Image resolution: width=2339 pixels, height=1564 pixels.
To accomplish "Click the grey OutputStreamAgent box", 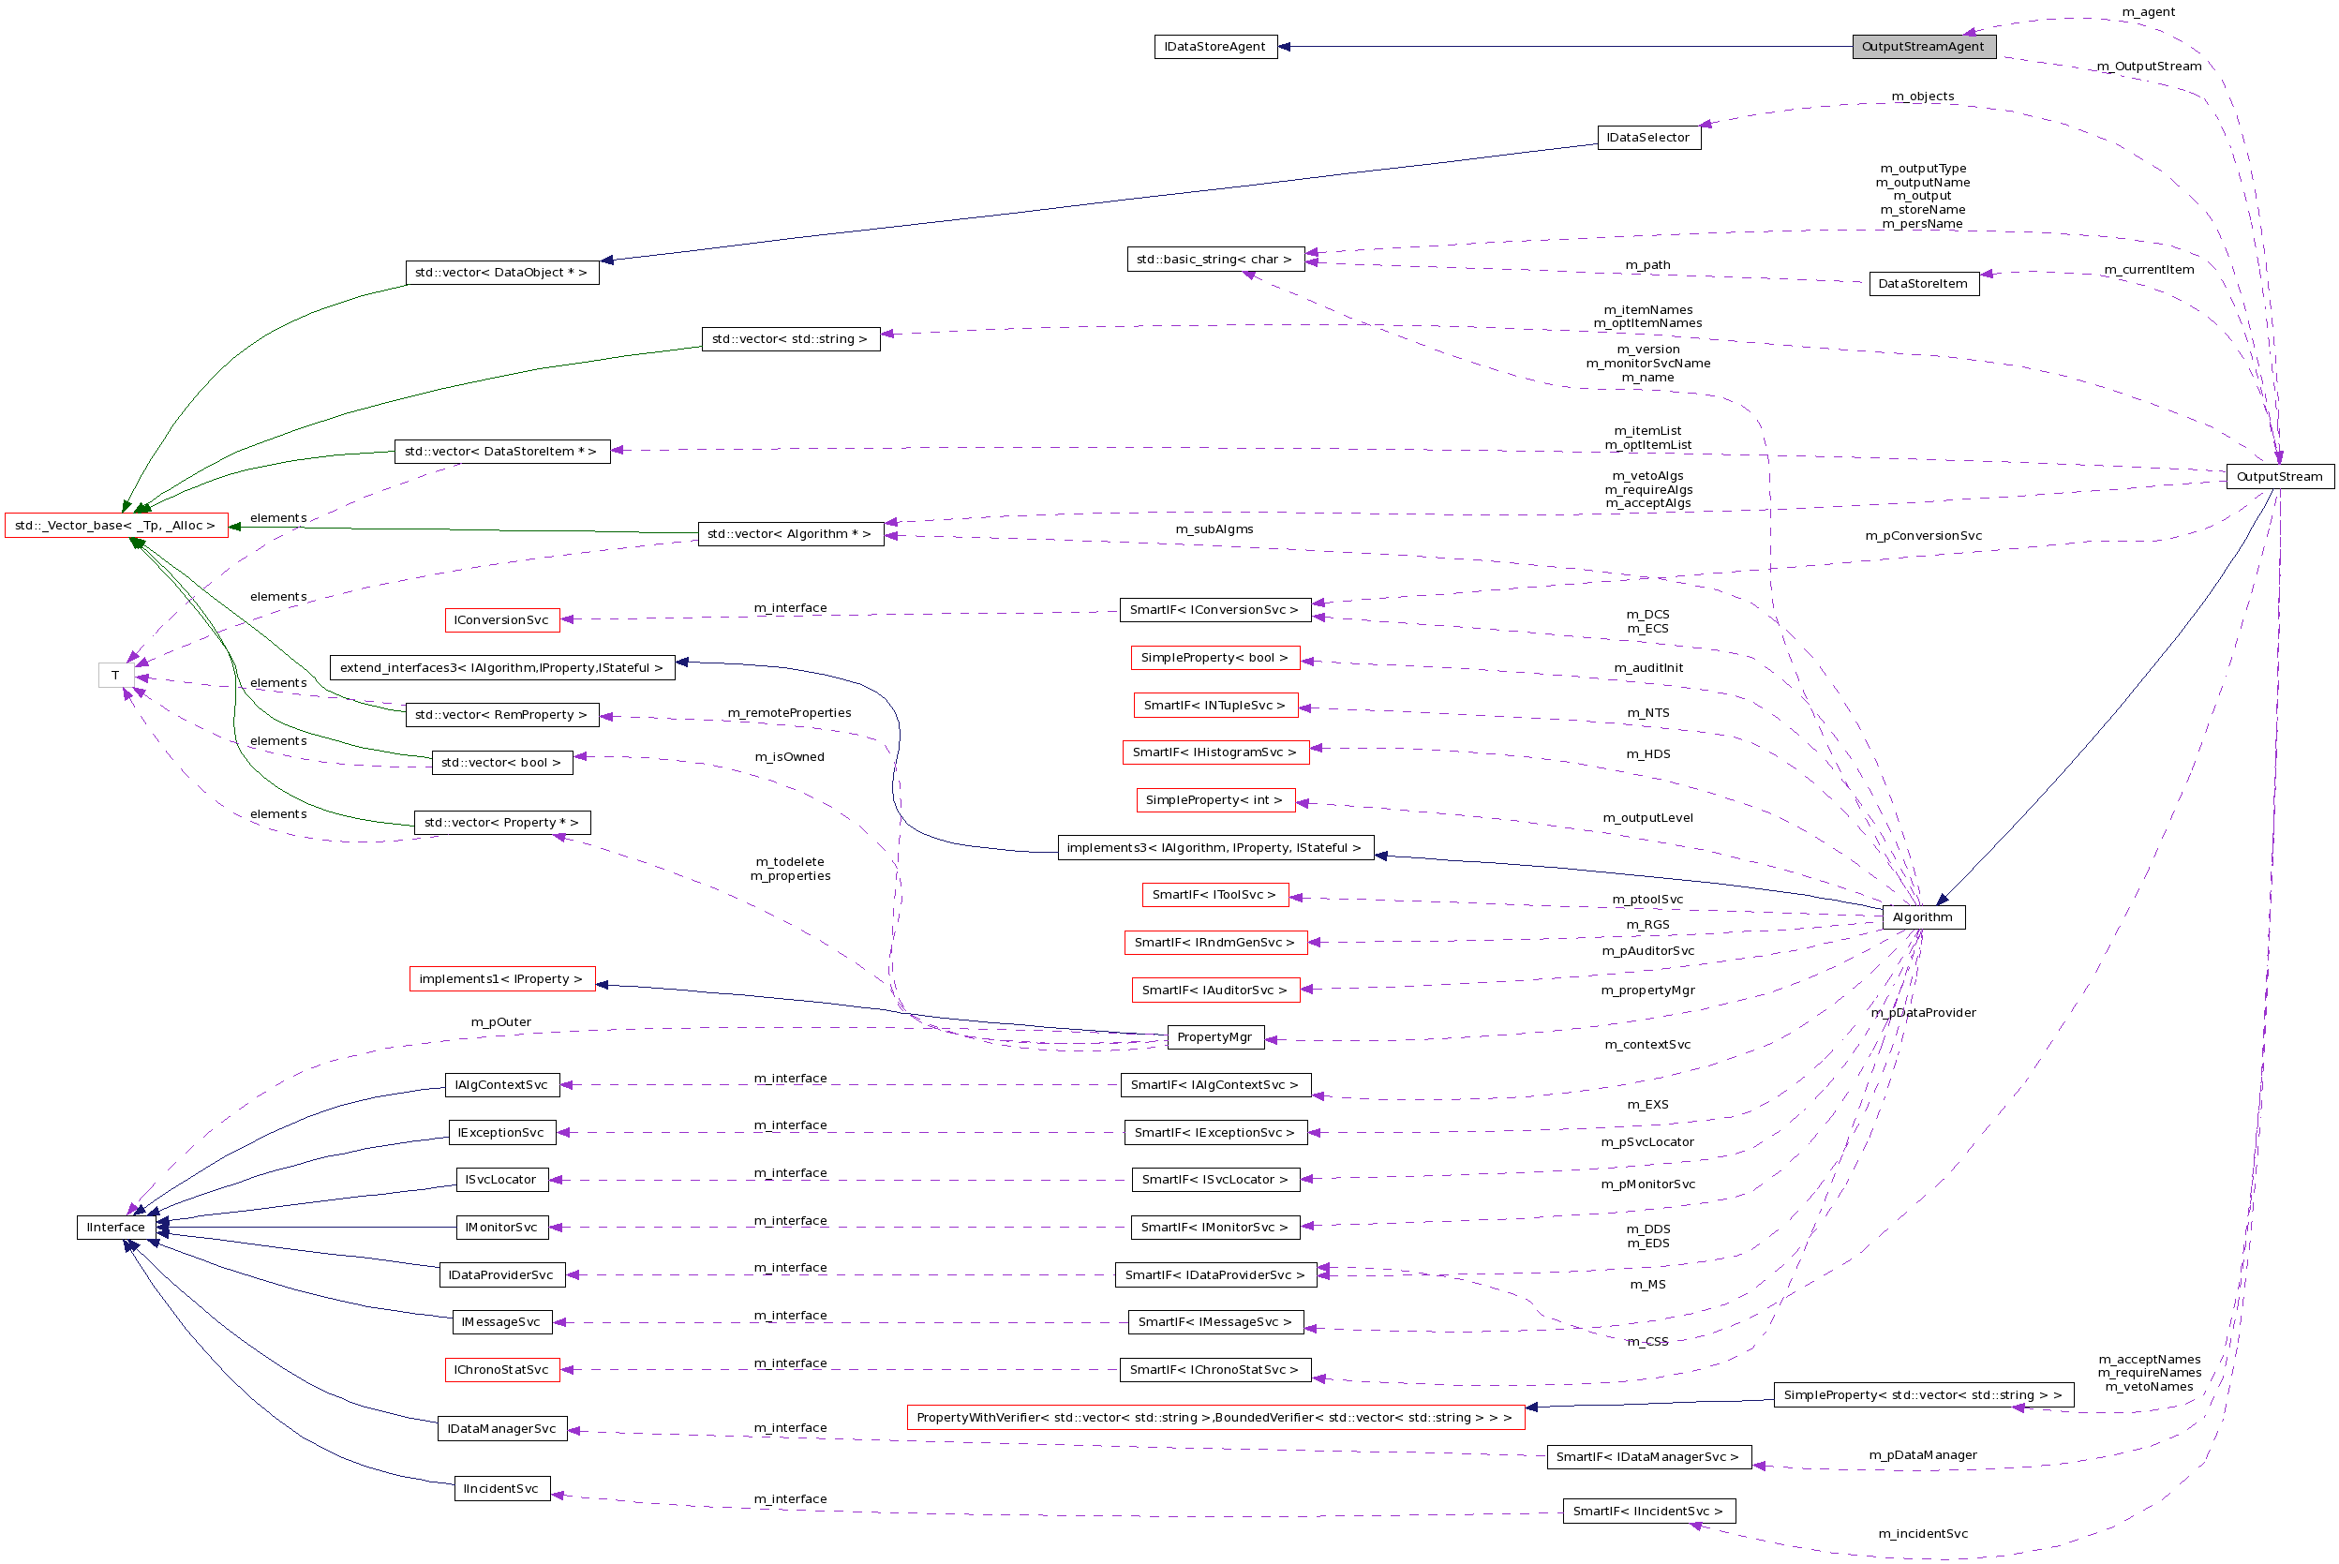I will point(1923,47).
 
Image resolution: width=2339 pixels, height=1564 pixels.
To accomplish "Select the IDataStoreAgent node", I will point(1214,47).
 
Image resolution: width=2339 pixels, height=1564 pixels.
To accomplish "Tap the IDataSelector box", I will point(1647,138).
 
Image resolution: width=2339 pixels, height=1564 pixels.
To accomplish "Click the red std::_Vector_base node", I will point(115,526).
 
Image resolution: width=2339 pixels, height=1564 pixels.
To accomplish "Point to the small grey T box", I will point(115,676).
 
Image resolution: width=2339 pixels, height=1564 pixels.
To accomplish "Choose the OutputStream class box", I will point(2279,477).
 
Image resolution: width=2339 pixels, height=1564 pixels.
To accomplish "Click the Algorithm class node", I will point(1922,917).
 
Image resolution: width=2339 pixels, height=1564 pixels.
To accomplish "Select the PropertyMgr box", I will point(1214,1037).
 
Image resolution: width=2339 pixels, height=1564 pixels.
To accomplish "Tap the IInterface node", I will point(115,1228).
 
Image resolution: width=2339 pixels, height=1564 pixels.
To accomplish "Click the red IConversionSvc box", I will point(500,620).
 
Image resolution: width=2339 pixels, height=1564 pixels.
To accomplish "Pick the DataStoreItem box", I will point(1922,284).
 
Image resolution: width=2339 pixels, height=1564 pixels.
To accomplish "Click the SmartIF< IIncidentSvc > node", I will point(1647,1512).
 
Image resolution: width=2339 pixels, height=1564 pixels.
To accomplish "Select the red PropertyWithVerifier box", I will point(1214,1418).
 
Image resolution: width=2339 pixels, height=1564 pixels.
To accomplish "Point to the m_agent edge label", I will point(2149,12).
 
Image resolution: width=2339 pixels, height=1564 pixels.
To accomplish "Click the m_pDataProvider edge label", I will point(1922,1012).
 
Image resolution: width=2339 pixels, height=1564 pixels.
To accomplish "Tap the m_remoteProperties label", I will point(789,713).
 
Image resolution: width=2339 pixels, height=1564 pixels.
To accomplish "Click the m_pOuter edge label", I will point(500,1022).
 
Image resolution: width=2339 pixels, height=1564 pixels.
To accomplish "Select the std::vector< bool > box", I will point(500,763).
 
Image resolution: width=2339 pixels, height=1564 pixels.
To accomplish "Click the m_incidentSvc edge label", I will point(1922,1534).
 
